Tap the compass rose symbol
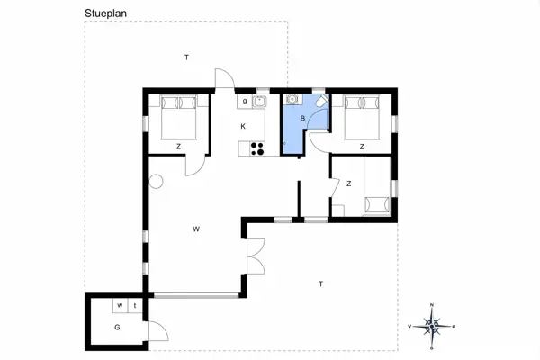point(432,326)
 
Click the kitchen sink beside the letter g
point(260,102)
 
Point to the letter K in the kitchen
point(243,126)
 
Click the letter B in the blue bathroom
point(303,118)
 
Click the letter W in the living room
point(195,229)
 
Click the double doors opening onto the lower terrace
point(255,258)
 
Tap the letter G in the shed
point(117,326)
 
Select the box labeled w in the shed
point(118,306)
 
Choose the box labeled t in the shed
point(134,306)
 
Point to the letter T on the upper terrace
point(186,58)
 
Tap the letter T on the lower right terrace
point(319,284)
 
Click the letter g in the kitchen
point(244,102)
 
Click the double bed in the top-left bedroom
point(178,117)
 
